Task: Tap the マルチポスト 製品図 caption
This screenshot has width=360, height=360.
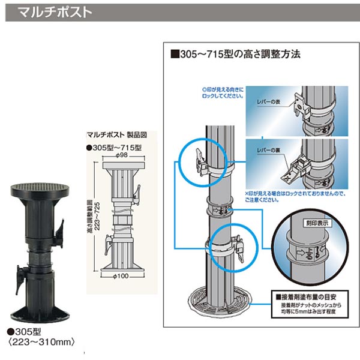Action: coord(112,135)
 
